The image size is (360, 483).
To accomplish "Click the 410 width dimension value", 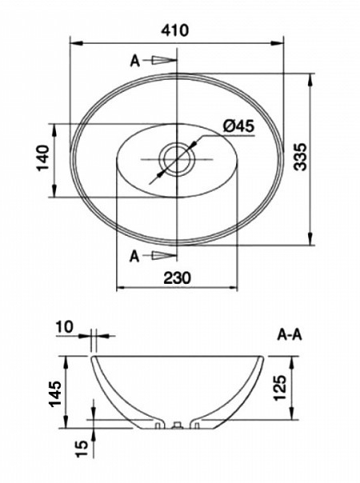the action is click(x=176, y=30).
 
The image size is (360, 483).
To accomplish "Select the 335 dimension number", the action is click(x=300, y=156).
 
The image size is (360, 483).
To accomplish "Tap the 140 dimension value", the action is click(x=43, y=158).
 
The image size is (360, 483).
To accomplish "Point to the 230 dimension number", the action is click(x=178, y=277).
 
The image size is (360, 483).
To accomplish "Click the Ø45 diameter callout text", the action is click(x=239, y=126).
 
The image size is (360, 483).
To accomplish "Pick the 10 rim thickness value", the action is click(x=65, y=326).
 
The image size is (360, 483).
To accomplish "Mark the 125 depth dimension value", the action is click(x=281, y=388).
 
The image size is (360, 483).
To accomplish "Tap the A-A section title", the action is click(x=290, y=335).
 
